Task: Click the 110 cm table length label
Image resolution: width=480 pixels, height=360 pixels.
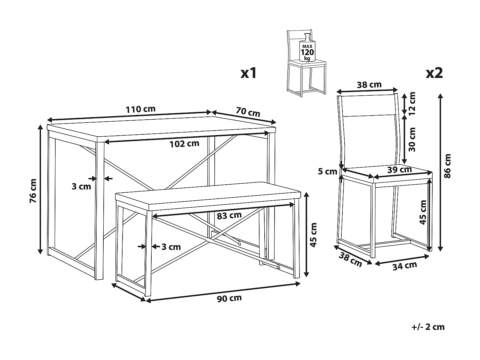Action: click(x=140, y=109)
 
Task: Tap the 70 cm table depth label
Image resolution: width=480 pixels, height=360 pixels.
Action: click(x=248, y=112)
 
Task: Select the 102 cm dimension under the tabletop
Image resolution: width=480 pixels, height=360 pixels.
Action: click(x=185, y=144)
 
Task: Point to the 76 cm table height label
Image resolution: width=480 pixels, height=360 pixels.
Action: click(x=33, y=191)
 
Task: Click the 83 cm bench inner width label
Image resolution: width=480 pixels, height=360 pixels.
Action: click(x=229, y=215)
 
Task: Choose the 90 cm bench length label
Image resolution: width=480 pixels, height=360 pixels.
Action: click(x=229, y=299)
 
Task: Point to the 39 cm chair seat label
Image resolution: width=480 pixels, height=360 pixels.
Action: click(x=399, y=170)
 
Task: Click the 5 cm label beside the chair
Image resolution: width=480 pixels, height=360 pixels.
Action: click(x=328, y=172)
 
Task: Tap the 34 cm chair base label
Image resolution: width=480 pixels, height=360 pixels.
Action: click(x=405, y=265)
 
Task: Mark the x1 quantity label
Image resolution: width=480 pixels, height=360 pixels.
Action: click(x=249, y=73)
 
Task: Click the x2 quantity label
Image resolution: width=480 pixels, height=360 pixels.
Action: click(x=434, y=73)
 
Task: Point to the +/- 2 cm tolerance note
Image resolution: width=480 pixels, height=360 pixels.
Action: click(x=428, y=327)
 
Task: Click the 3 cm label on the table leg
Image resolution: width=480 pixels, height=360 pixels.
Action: click(x=81, y=186)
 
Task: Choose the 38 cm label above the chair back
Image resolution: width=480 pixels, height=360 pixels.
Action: click(x=369, y=85)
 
